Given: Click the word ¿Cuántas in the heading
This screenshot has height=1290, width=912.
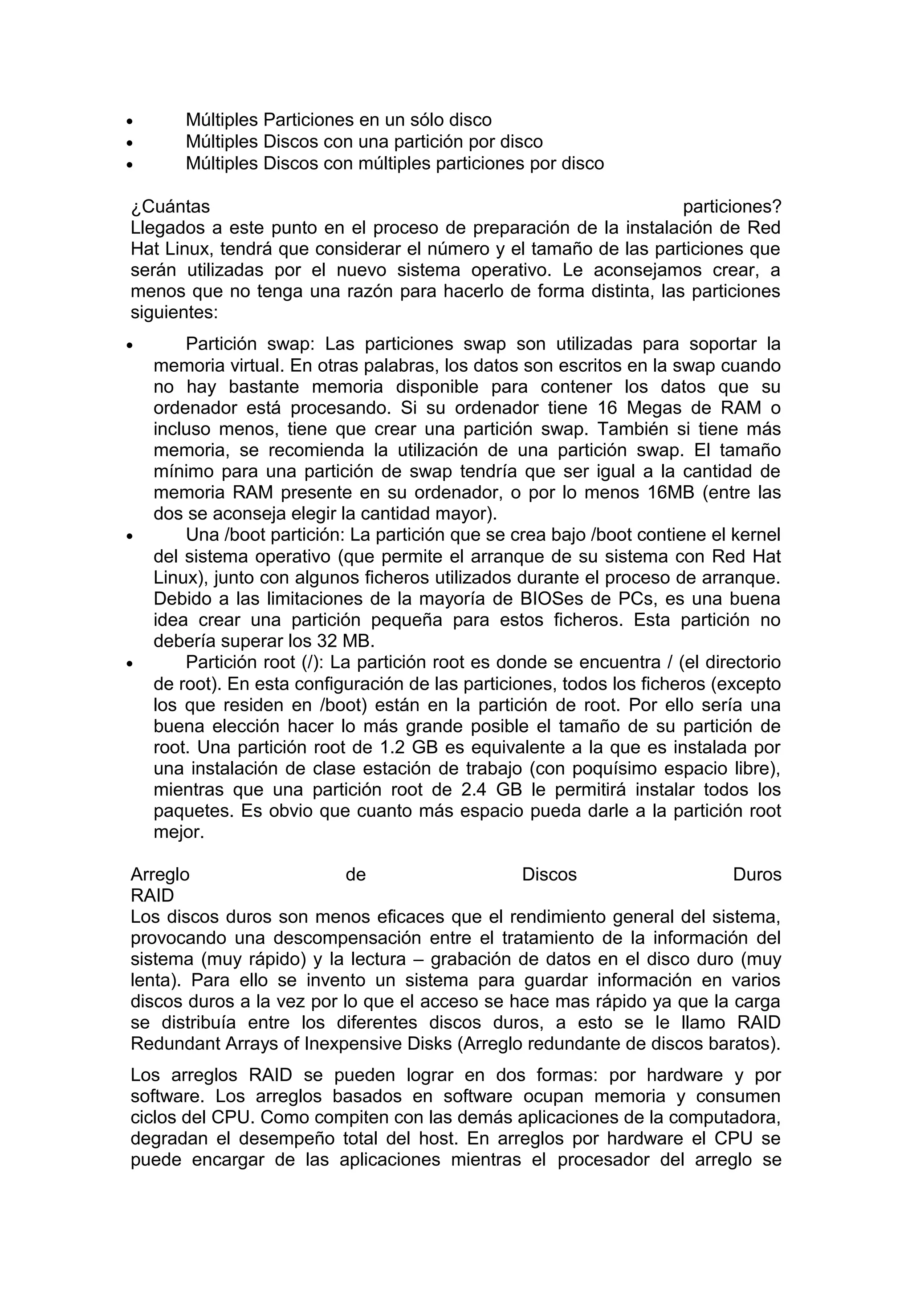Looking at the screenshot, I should click(x=170, y=207).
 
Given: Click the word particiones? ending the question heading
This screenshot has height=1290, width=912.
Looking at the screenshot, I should click(x=732, y=207).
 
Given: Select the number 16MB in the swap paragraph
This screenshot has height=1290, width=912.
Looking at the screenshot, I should click(x=670, y=492).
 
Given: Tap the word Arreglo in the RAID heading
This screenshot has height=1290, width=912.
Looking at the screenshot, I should click(x=160, y=874).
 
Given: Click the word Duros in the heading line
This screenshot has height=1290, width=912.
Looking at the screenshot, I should click(x=757, y=874).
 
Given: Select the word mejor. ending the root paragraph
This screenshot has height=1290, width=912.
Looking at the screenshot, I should click(x=178, y=832).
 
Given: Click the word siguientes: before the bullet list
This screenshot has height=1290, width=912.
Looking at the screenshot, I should click(x=174, y=312).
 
